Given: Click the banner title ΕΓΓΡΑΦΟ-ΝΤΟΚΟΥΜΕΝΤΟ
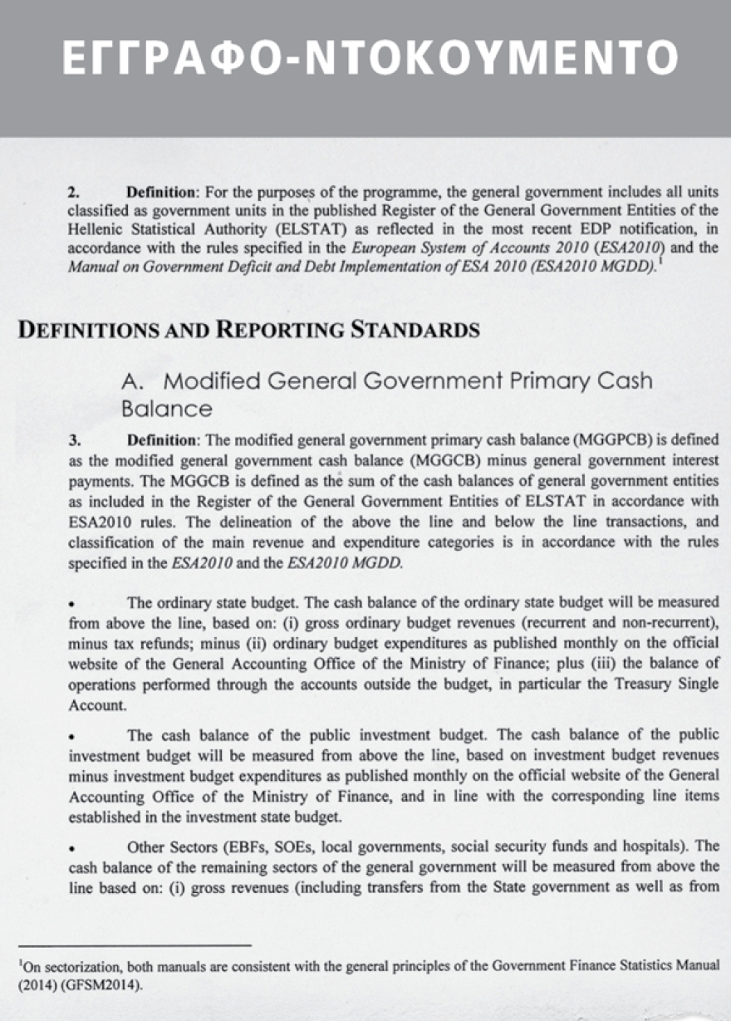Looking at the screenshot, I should [370, 56].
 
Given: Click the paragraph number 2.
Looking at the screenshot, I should [73, 191].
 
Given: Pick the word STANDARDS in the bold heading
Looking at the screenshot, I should [415, 330].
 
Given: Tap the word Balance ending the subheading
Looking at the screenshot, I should [166, 409].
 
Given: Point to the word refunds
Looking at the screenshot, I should [165, 643].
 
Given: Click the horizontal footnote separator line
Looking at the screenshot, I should [134, 945].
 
